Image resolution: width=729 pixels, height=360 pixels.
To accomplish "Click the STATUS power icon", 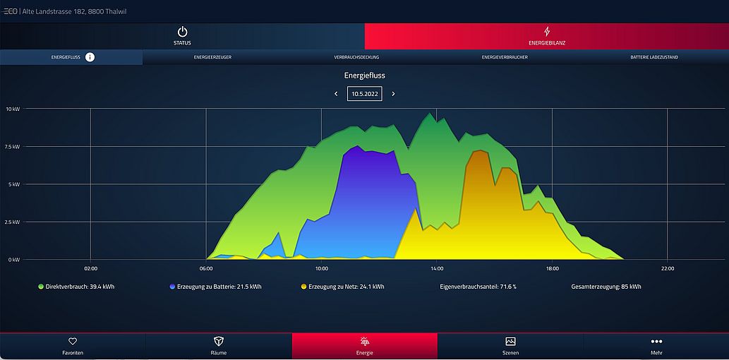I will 182,32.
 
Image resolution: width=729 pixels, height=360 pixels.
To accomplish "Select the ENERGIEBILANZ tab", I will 546,36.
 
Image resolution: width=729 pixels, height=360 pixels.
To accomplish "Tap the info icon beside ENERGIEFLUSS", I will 90,56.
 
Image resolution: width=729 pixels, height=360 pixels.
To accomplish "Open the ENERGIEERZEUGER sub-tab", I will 212,57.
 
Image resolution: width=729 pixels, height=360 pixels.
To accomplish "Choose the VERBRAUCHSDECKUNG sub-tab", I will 356,57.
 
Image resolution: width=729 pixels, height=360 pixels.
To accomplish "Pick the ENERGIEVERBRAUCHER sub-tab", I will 505,57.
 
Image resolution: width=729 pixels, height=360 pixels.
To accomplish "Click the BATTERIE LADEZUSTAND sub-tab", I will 654,57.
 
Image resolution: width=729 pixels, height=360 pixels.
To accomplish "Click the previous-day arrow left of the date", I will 336,94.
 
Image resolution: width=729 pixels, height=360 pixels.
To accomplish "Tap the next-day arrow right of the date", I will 393,94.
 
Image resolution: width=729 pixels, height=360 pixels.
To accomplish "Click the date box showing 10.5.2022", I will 364,94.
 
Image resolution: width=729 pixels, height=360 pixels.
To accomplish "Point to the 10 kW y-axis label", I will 13,109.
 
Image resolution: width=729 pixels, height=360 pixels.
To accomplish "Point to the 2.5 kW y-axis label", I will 13,222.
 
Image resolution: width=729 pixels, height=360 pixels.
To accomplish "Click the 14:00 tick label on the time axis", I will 437,268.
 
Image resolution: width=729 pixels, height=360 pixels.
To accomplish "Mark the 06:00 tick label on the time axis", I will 206,268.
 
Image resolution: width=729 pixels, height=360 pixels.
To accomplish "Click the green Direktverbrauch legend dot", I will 41,287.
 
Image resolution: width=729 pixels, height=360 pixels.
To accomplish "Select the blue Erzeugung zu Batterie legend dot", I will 172,287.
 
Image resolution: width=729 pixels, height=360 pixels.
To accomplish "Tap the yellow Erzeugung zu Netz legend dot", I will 303,287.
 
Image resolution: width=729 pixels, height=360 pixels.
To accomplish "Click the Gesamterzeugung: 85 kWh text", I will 606,287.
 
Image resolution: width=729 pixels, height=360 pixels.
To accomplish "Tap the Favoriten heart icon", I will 73,342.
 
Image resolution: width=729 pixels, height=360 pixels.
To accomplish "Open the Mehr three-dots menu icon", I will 656,342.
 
